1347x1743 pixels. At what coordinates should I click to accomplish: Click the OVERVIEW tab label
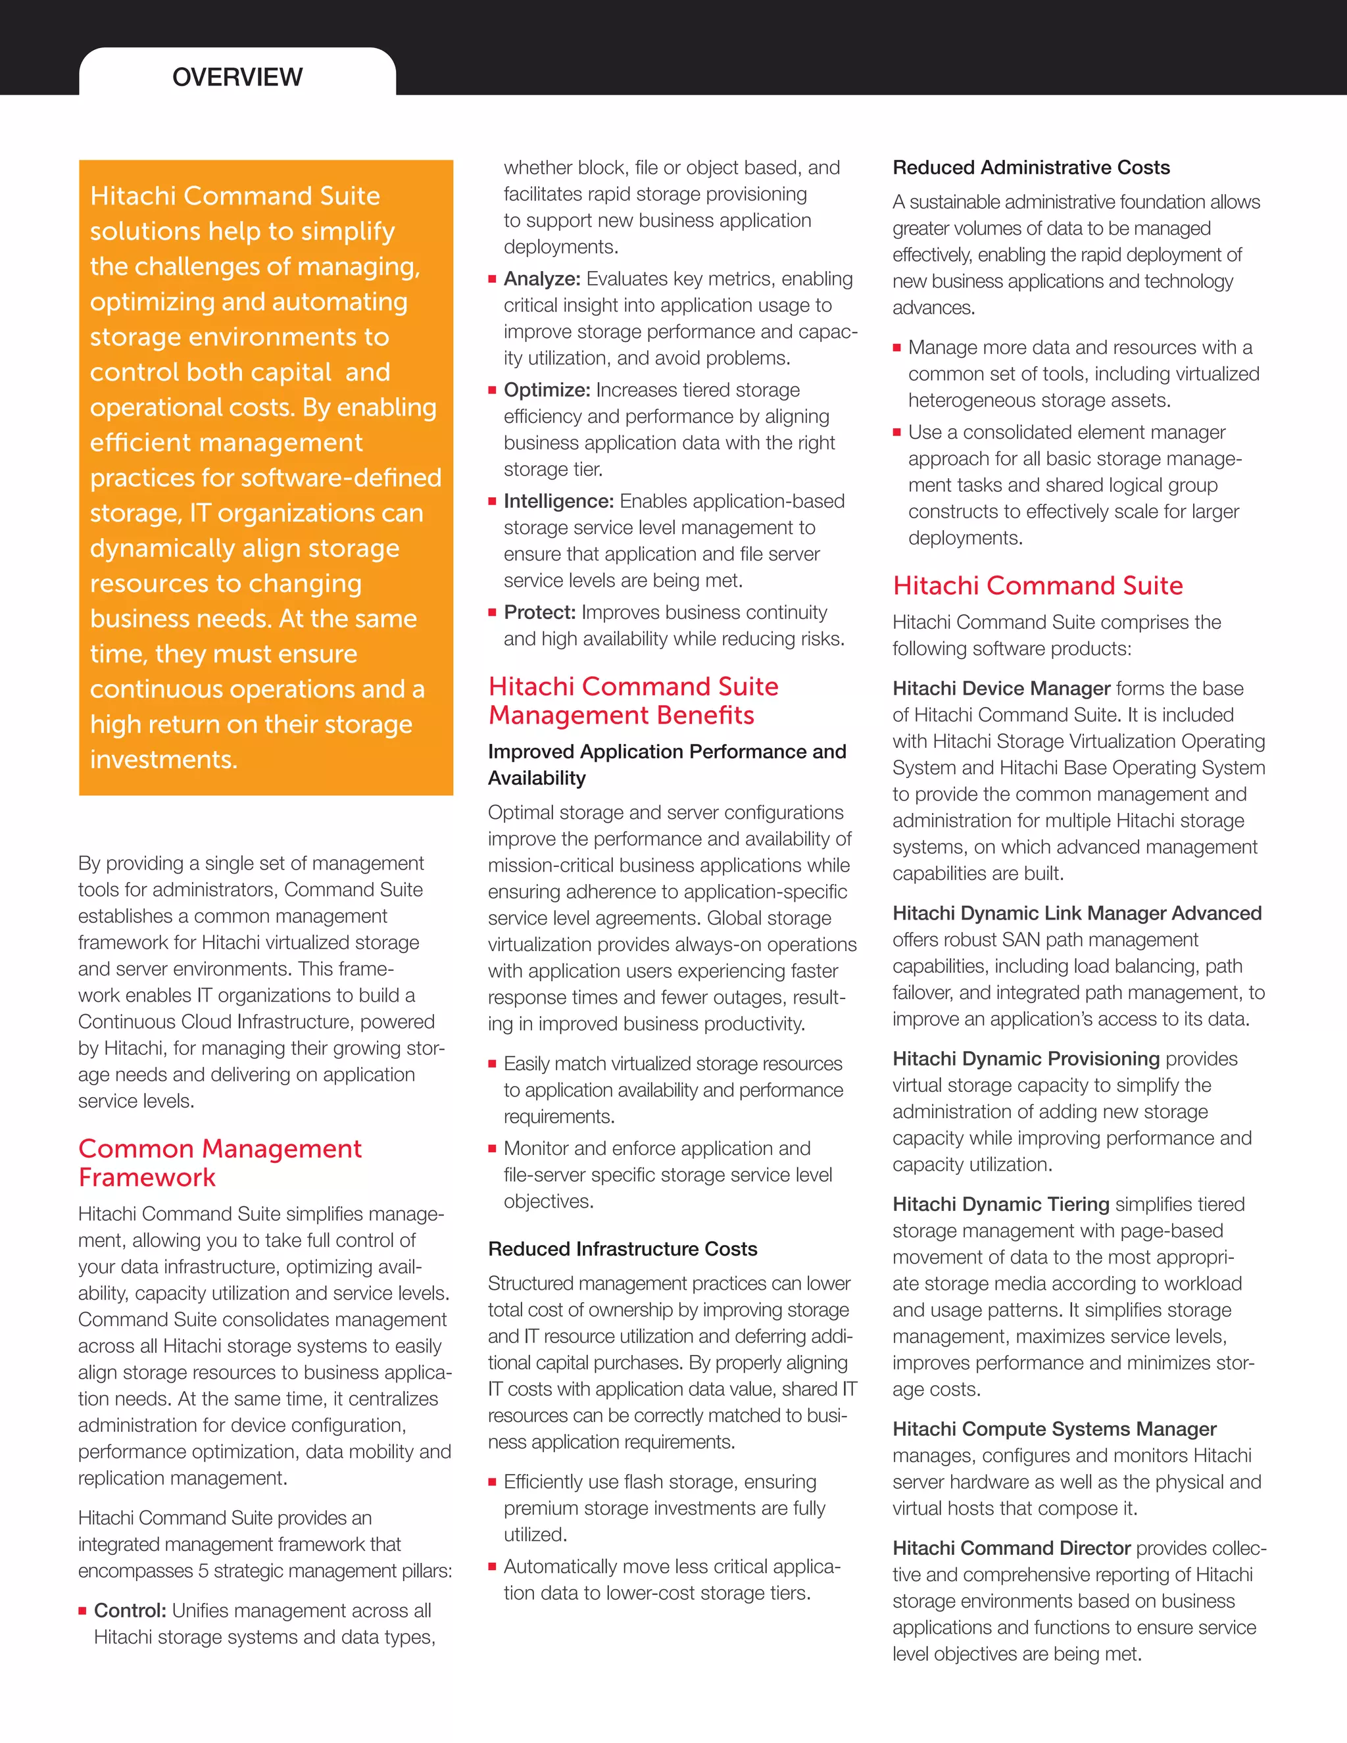(237, 76)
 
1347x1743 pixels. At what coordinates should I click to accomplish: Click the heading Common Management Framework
(220, 1162)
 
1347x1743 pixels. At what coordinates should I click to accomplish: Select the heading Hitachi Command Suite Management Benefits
(633, 700)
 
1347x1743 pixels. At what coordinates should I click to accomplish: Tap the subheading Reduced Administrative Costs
(1031, 168)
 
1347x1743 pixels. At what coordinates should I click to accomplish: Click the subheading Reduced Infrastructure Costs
(622, 1248)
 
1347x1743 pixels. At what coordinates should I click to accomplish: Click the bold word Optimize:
(547, 389)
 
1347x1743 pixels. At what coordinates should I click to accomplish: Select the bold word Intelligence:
(558, 501)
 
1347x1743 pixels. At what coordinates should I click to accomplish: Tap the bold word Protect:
(539, 612)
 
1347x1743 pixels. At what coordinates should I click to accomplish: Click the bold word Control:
(130, 1611)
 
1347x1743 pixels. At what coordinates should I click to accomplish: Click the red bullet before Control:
(82, 1611)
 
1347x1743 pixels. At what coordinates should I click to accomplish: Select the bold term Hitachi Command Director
(1011, 1548)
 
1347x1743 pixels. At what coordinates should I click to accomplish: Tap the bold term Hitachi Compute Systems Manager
(1054, 1429)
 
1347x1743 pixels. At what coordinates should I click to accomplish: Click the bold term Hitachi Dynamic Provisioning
(1026, 1058)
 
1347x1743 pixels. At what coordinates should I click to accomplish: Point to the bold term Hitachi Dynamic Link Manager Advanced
(1077, 913)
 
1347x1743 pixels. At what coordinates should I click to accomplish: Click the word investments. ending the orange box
(164, 759)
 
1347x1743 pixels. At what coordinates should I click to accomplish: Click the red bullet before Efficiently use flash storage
(493, 1482)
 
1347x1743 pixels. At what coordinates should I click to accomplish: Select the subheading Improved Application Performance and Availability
(666, 764)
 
